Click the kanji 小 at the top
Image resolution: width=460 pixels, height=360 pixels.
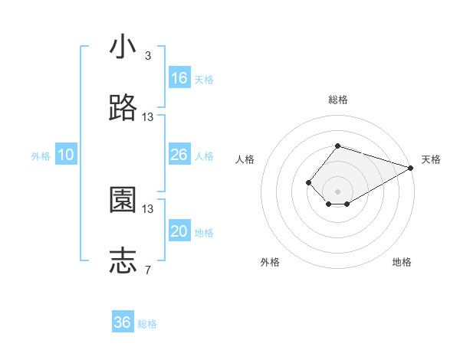point(123,47)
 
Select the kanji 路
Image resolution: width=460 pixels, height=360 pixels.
point(123,109)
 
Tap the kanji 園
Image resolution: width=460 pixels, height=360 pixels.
point(123,201)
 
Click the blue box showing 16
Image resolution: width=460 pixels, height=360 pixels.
point(179,78)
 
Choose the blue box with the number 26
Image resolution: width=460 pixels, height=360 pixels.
point(179,155)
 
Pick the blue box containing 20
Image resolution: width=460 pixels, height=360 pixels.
point(179,231)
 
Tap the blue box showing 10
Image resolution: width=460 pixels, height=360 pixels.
point(66,155)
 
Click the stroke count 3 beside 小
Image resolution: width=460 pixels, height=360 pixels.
point(147,56)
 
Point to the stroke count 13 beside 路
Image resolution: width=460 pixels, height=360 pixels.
point(148,117)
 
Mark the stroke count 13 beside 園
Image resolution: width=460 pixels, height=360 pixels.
point(148,208)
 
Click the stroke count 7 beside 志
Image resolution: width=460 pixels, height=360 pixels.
point(147,270)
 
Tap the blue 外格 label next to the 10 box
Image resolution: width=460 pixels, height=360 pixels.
point(41,155)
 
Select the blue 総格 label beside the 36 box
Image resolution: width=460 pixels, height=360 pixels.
point(147,324)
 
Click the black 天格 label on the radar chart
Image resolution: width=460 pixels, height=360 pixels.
point(431,159)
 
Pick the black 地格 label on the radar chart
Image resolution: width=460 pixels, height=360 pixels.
point(402,262)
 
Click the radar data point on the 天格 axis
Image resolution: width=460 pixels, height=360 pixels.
point(411,168)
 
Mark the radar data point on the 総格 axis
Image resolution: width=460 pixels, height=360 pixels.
point(337,146)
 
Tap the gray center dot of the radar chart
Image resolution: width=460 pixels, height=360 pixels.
point(337,191)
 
